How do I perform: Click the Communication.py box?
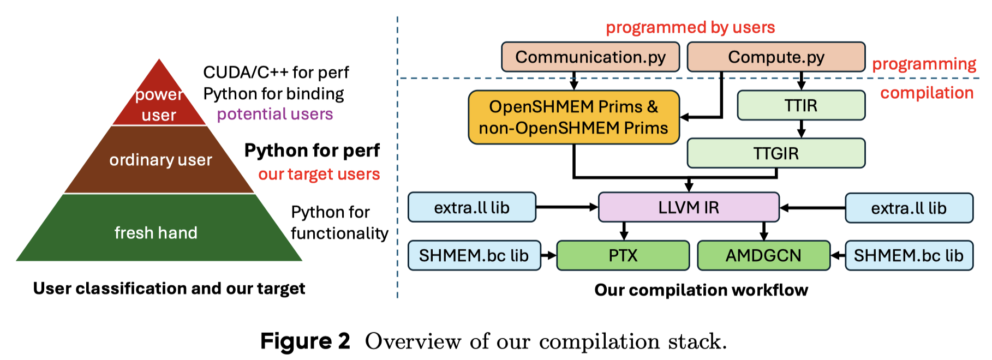(x=590, y=57)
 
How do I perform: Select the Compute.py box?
(x=776, y=57)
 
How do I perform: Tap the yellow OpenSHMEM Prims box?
(x=573, y=117)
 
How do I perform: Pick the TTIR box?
(x=801, y=105)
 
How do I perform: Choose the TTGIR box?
(x=776, y=153)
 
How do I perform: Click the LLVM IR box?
(x=689, y=207)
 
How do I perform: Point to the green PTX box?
(x=623, y=255)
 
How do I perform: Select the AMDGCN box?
(x=763, y=255)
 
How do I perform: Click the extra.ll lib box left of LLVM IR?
(x=472, y=207)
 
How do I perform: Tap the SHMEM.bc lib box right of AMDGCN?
(x=909, y=255)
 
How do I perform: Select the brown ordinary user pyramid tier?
(x=159, y=160)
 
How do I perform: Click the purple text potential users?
(x=275, y=114)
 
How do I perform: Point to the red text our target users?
(x=319, y=174)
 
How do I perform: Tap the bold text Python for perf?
(x=312, y=150)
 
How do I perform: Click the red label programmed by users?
(x=690, y=27)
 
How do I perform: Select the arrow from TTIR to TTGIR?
(x=801, y=129)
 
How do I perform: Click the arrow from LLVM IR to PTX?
(x=624, y=231)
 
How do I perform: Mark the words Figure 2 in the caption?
(x=305, y=341)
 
